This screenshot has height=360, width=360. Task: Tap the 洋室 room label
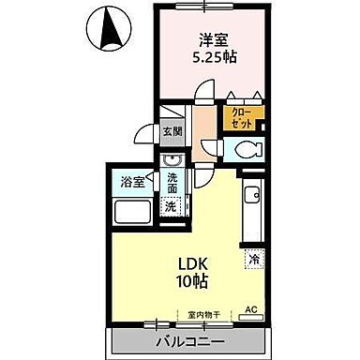tap(212, 40)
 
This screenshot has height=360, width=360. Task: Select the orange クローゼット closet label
tap(241, 117)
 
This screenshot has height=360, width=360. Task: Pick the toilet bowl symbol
tap(245, 148)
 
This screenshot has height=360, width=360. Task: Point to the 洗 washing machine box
tap(171, 205)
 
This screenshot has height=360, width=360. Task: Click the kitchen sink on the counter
tap(250, 196)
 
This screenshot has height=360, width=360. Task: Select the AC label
tap(250, 309)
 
